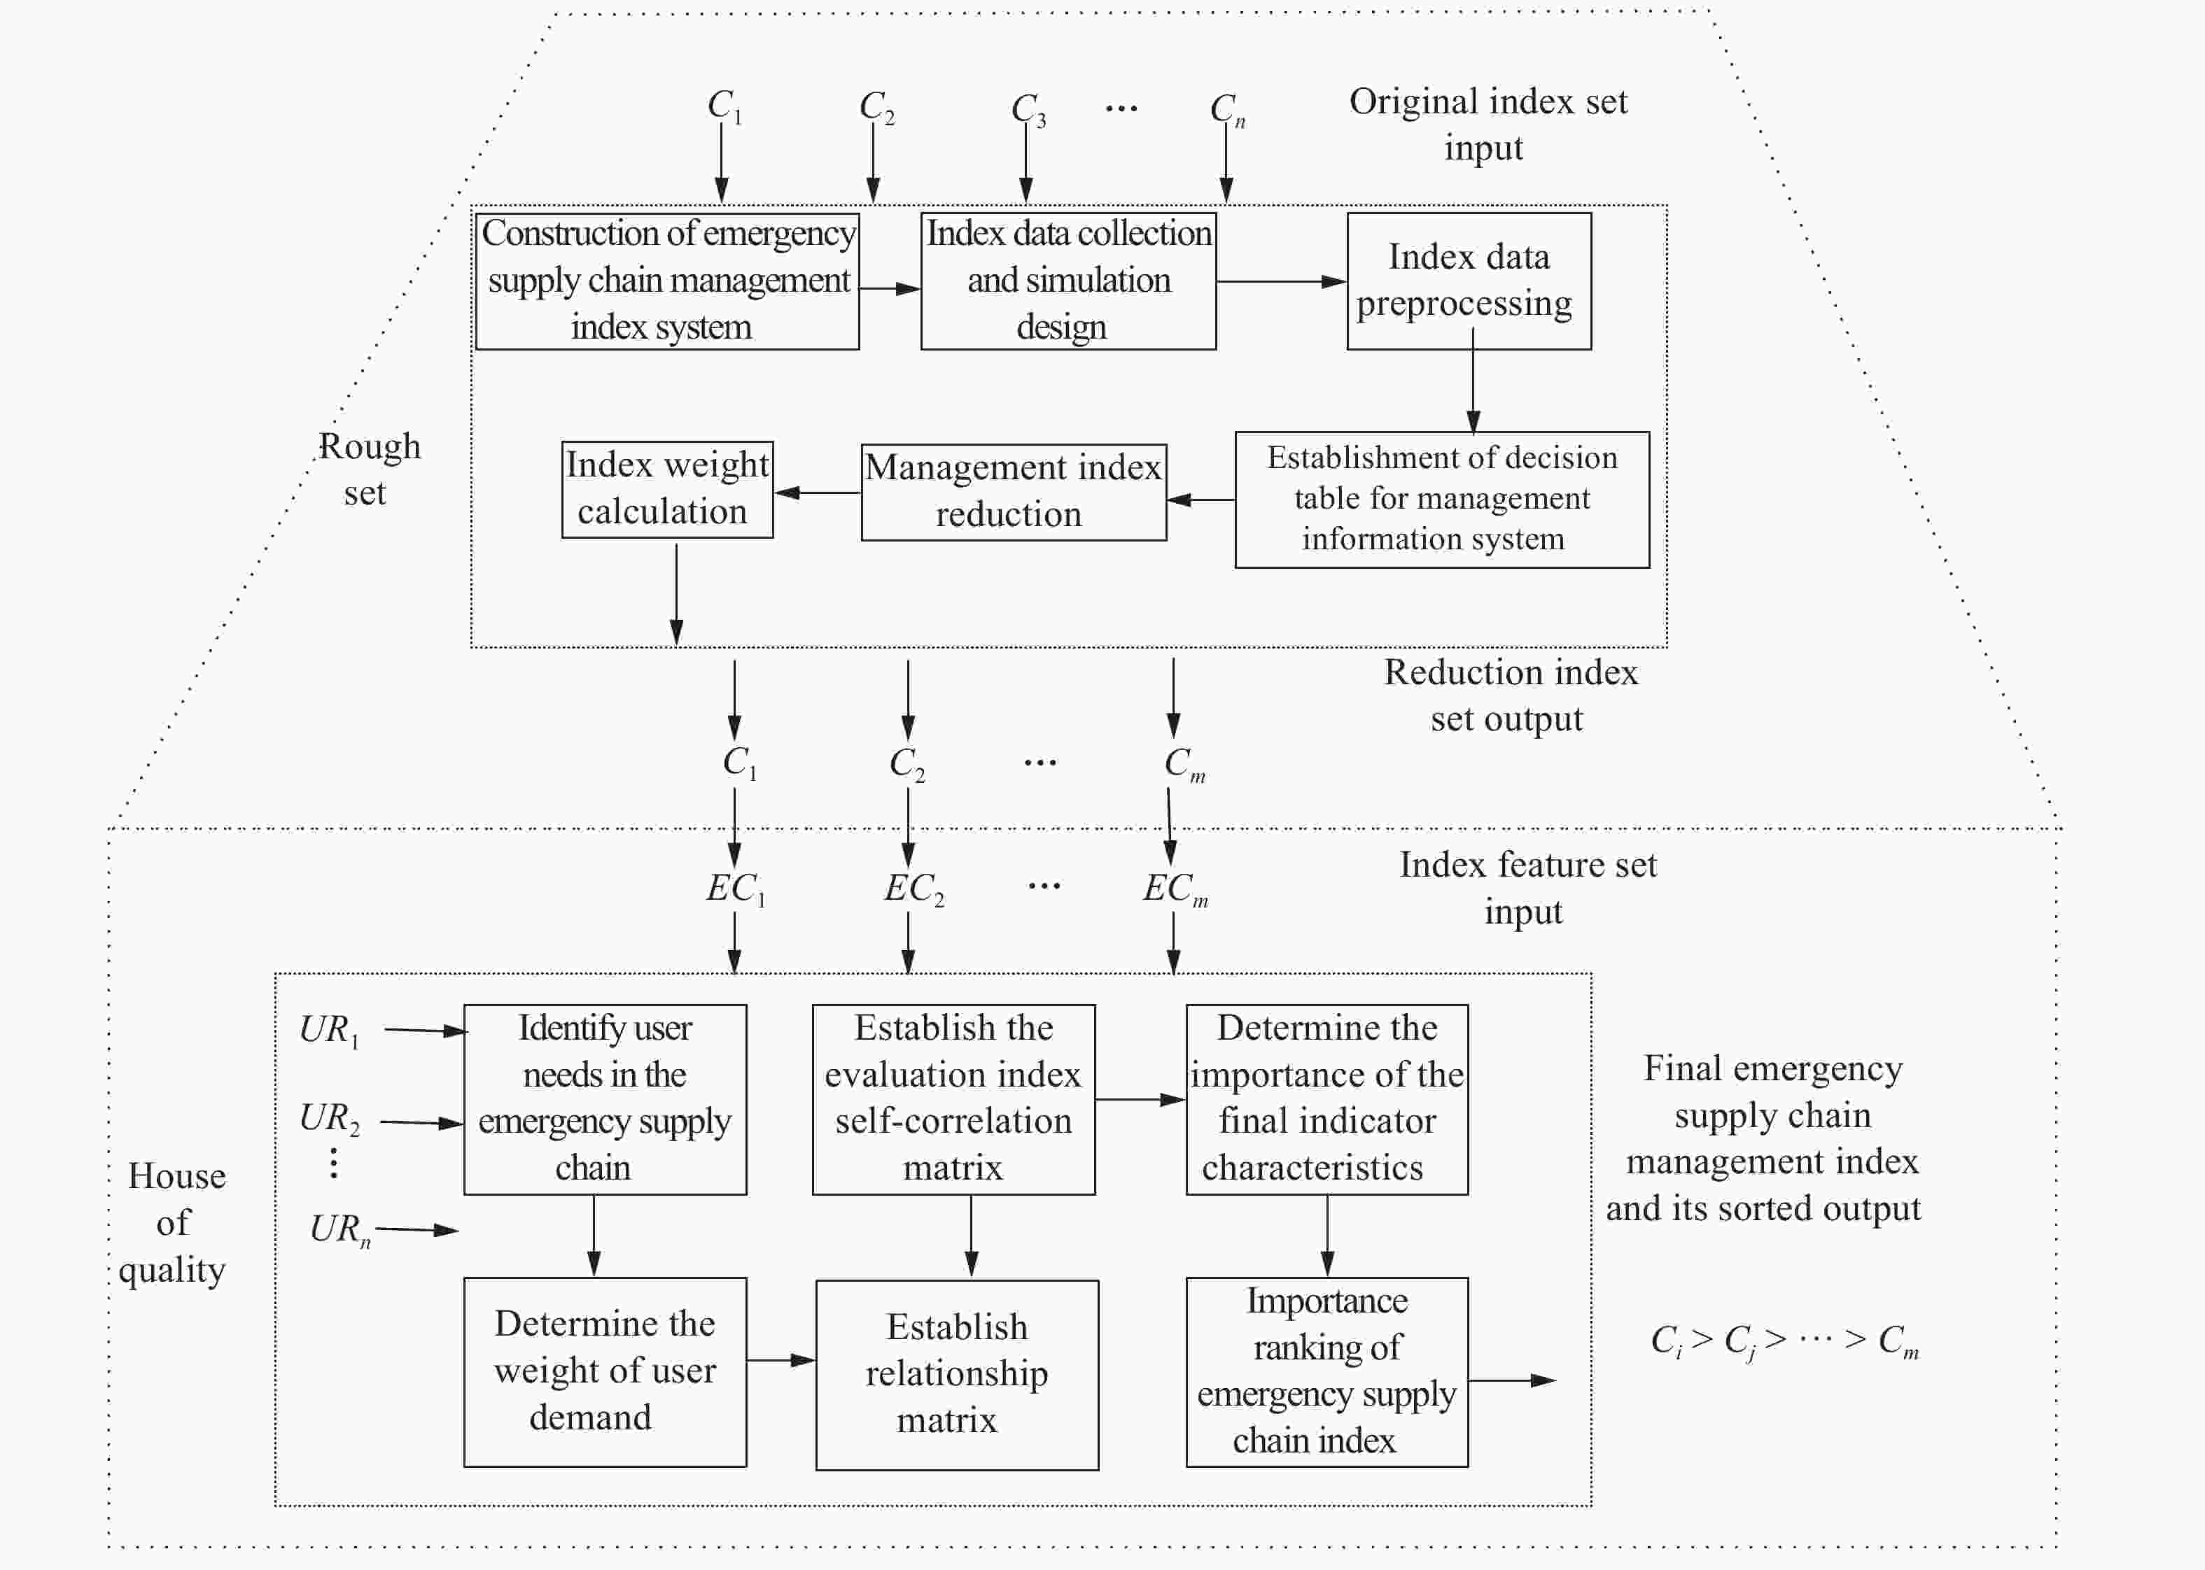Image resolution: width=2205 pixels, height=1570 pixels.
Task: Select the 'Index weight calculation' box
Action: pyautogui.click(x=666, y=489)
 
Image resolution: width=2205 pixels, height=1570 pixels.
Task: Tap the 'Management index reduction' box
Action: pyautogui.click(x=1013, y=491)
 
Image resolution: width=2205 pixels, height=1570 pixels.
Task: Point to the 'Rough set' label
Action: pyautogui.click(x=368, y=469)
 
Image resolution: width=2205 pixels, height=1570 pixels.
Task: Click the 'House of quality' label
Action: pyautogui.click(x=175, y=1222)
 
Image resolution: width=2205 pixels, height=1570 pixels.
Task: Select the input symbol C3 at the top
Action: pyautogui.click(x=1027, y=109)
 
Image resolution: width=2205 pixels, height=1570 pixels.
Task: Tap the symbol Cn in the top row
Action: pyautogui.click(x=1226, y=109)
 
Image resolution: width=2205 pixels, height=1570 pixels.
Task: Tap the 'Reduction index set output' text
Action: pyautogui.click(x=1510, y=695)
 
